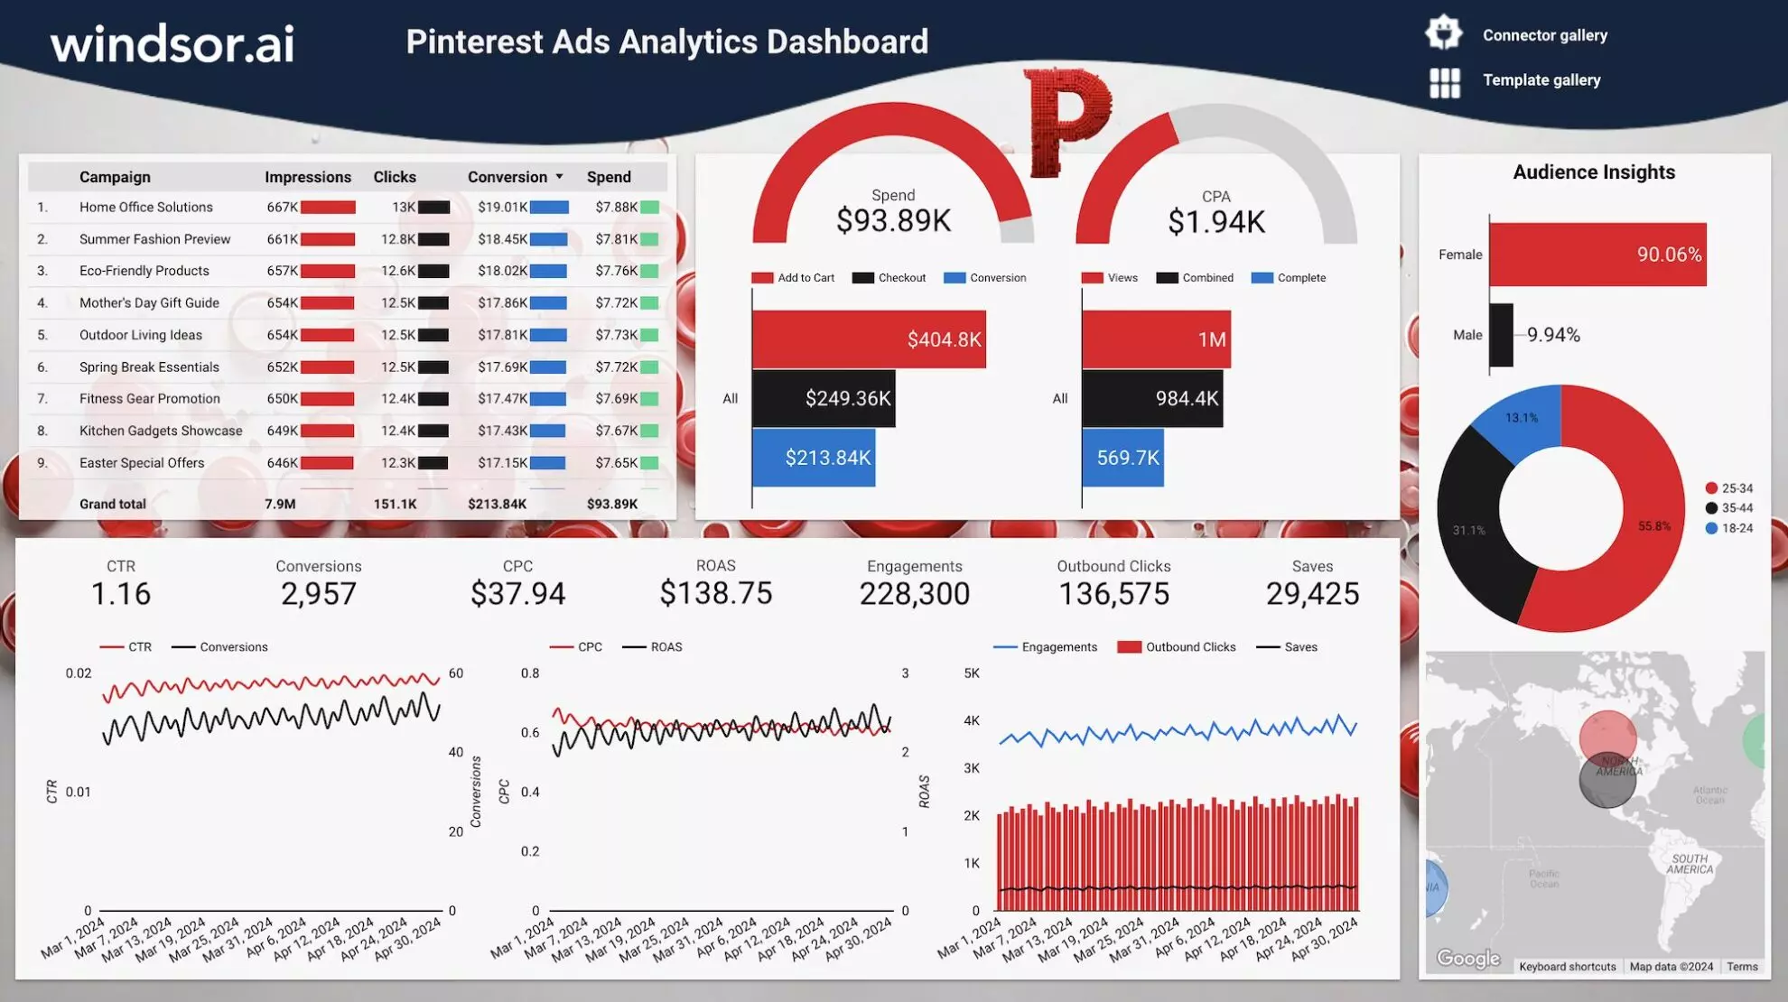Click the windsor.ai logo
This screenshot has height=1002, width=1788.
(172, 43)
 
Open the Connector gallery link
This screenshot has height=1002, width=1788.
(1544, 35)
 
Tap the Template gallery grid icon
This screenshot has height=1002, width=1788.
(1444, 82)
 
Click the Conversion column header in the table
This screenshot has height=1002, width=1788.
(508, 177)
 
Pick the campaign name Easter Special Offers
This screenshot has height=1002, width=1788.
(142, 463)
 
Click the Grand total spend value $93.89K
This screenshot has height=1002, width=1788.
(611, 504)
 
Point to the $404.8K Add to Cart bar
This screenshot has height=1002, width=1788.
(868, 339)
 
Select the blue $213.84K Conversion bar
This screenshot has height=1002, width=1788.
(814, 458)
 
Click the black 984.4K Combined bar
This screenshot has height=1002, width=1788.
(1152, 398)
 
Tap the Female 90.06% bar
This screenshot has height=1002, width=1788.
(1597, 255)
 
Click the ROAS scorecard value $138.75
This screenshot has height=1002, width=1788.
(715, 593)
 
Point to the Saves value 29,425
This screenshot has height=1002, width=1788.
(1312, 593)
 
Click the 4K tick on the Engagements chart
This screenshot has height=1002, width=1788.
(972, 720)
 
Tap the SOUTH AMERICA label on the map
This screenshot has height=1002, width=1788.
(1690, 864)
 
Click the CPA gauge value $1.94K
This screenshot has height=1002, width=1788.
(1215, 221)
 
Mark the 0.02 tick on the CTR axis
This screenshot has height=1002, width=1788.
(79, 673)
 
